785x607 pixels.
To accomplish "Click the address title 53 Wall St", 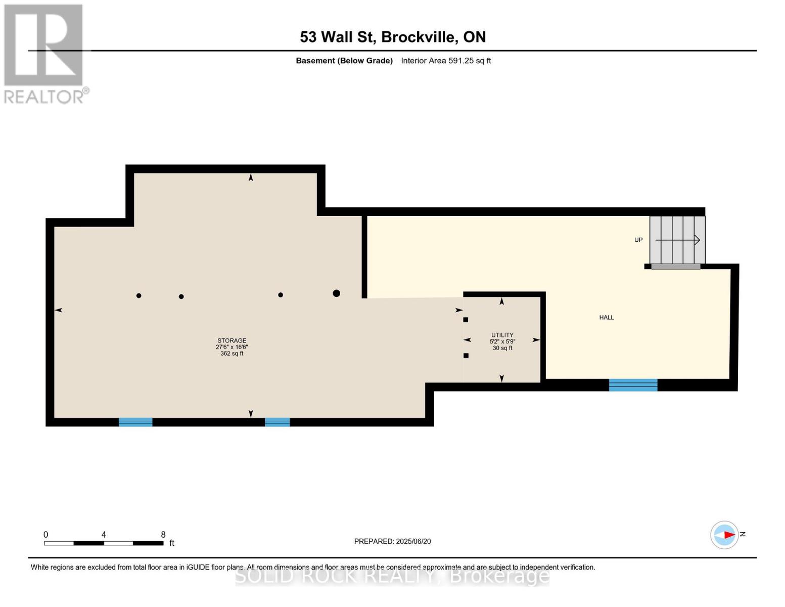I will tap(393, 37).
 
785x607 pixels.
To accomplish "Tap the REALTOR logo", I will tap(44, 54).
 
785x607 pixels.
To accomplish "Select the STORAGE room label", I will tap(232, 340).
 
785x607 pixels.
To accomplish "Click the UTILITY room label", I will tap(502, 335).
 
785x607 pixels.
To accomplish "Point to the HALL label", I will tap(607, 318).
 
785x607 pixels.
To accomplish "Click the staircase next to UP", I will tap(677, 240).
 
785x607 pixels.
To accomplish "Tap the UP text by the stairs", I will tap(638, 240).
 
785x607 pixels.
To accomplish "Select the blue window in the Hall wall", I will tap(633, 385).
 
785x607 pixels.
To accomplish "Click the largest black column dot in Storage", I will tap(336, 293).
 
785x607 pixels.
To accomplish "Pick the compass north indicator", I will tap(725, 535).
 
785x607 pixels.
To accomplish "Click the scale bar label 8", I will tap(163, 535).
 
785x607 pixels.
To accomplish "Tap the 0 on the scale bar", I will tap(46, 535).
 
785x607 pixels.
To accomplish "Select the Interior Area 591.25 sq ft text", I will tap(446, 61).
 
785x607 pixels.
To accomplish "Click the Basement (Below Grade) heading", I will tap(344, 61).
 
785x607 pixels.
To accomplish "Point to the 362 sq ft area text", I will tap(232, 354).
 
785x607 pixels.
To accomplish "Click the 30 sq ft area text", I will tap(502, 348).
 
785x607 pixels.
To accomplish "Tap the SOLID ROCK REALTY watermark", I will tap(392, 576).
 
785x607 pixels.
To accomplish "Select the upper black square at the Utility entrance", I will tap(466, 320).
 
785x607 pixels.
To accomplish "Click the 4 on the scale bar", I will tap(104, 535).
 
